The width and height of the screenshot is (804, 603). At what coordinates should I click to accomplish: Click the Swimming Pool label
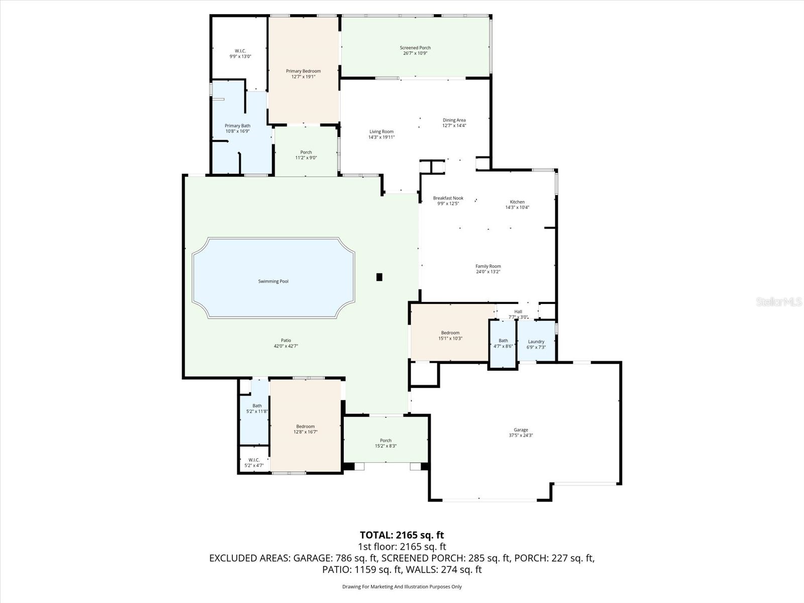click(x=273, y=281)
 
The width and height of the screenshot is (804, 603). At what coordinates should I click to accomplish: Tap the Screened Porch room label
click(x=415, y=48)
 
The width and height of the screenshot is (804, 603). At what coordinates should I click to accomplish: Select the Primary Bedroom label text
click(x=303, y=71)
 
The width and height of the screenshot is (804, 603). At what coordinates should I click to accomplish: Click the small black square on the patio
click(x=379, y=277)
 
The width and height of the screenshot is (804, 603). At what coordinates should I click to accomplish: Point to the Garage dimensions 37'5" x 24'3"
click(x=521, y=436)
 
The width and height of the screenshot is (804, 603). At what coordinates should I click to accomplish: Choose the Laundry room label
click(x=536, y=342)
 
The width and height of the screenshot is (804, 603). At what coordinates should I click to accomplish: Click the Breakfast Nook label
click(x=448, y=198)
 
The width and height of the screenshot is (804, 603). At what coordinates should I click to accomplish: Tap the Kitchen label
click(x=517, y=202)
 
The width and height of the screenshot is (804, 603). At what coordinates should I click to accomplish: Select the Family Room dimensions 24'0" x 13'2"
click(x=488, y=272)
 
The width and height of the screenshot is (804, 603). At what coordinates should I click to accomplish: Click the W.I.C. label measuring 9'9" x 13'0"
click(x=240, y=54)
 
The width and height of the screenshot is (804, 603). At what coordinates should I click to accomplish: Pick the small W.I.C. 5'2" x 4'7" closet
click(x=254, y=462)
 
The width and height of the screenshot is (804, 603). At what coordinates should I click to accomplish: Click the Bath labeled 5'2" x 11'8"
click(x=257, y=409)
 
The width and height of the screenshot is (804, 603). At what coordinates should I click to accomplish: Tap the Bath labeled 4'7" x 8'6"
click(x=503, y=343)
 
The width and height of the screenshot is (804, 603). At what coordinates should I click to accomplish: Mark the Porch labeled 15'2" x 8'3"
click(x=385, y=443)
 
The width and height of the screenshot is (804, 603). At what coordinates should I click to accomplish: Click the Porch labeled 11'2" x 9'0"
click(x=306, y=155)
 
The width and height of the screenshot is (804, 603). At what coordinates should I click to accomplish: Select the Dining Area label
click(x=454, y=120)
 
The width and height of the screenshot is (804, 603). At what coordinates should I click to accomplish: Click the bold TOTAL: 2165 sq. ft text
click(x=401, y=535)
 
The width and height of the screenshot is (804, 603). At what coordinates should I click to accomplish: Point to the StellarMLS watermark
click(x=778, y=302)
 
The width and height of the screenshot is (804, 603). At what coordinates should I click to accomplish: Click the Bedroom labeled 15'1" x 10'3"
click(x=450, y=335)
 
